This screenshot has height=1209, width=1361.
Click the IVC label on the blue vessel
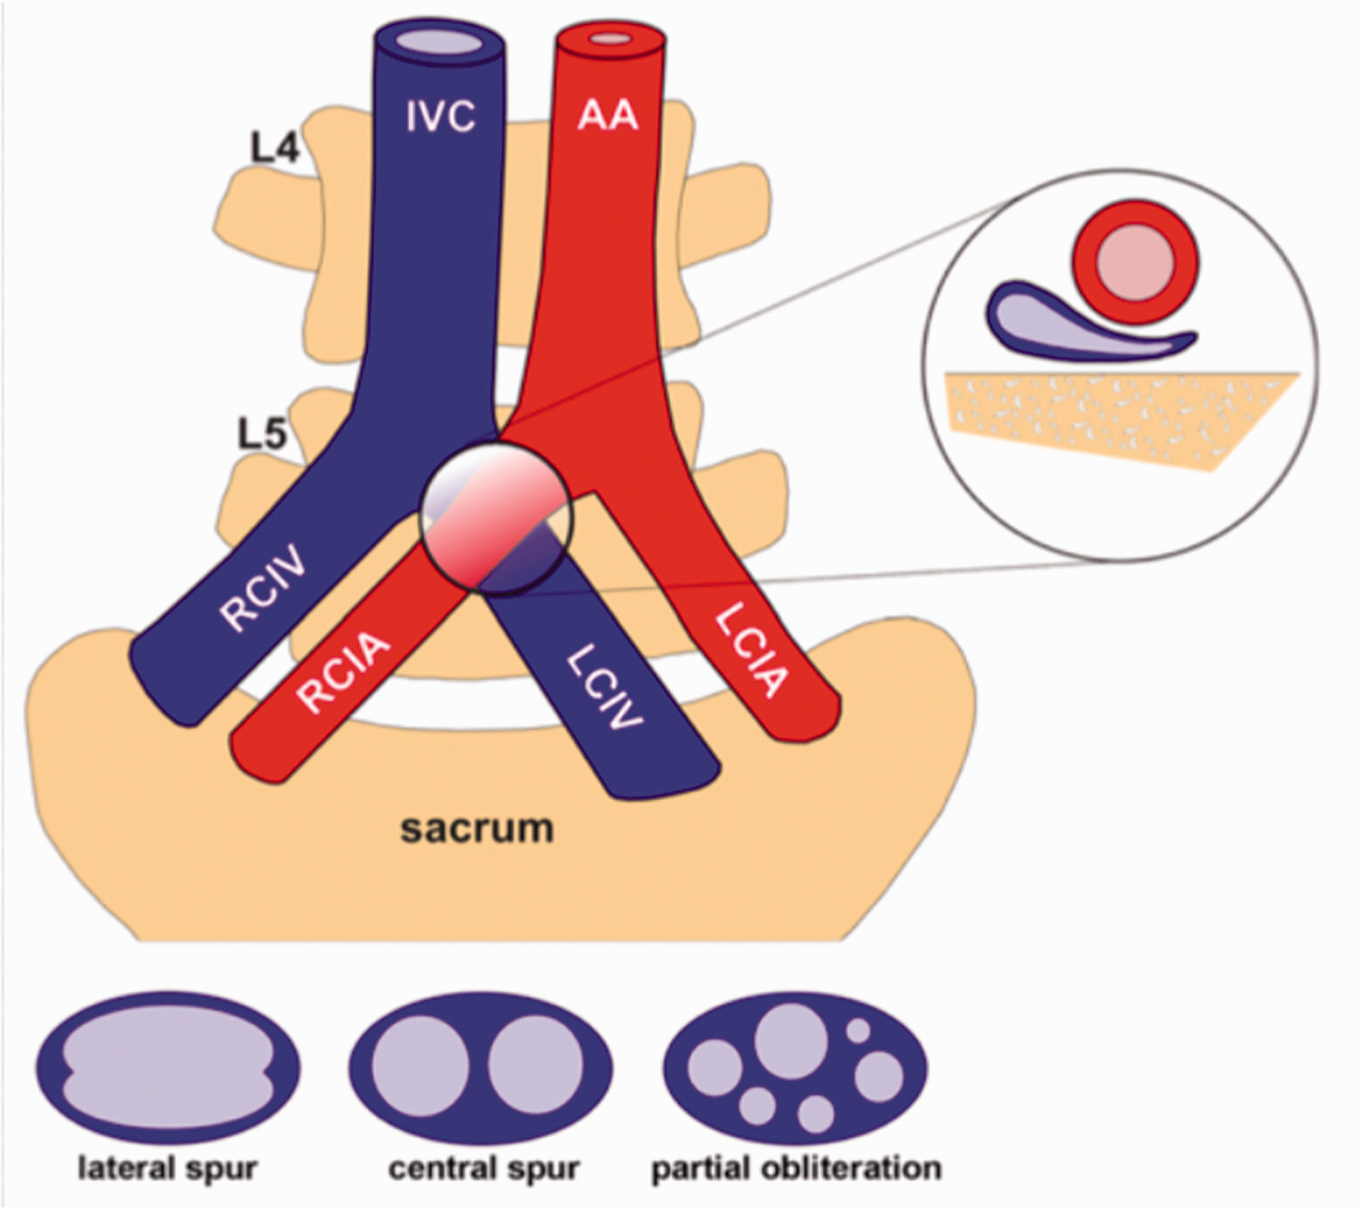(x=440, y=117)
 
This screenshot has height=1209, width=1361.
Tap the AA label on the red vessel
(x=608, y=117)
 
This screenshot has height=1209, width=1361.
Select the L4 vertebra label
(x=275, y=148)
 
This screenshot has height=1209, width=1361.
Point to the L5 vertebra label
(x=263, y=434)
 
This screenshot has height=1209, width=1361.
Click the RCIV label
(x=264, y=588)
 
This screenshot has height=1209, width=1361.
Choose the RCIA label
(x=343, y=672)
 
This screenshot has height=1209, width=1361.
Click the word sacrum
(x=477, y=829)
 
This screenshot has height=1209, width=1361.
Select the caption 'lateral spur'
(x=167, y=1168)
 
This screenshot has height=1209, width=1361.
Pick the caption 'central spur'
(x=484, y=1168)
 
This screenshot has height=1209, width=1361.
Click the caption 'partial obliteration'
(x=797, y=1168)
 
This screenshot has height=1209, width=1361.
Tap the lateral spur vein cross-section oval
(x=168, y=1068)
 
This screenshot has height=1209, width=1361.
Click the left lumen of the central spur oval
(x=420, y=1064)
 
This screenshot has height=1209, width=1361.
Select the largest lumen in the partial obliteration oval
(x=791, y=1042)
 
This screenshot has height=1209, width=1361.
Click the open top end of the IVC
(x=440, y=41)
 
